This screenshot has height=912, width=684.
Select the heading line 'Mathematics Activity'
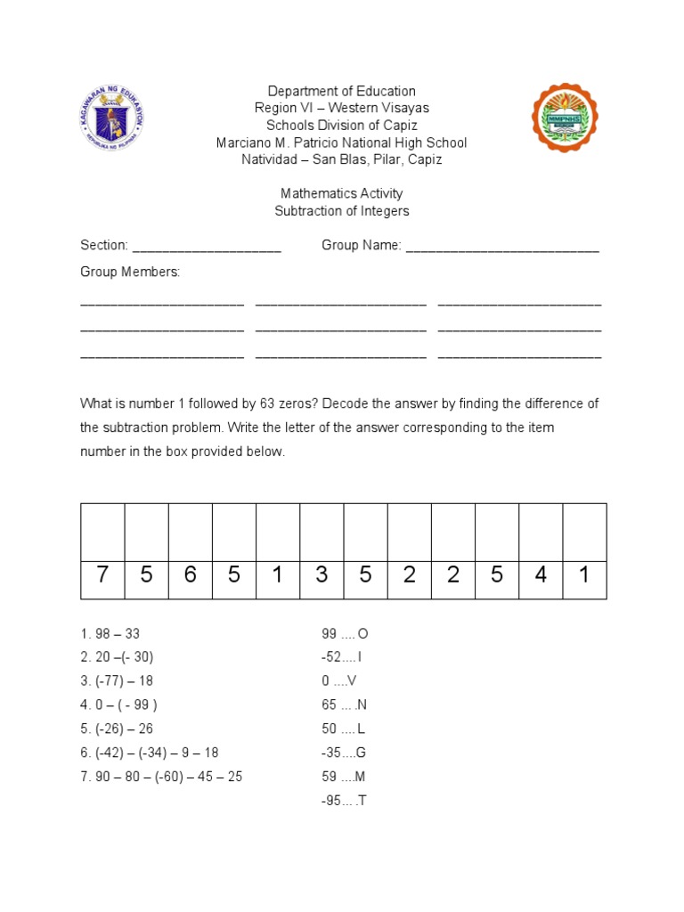coord(342,193)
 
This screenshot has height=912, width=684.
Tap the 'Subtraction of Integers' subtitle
coord(342,211)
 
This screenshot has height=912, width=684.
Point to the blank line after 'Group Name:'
coord(502,246)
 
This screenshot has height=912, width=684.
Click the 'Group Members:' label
coord(130,272)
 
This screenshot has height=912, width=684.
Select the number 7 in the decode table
coord(102,575)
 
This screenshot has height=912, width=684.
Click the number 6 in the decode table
coord(191,575)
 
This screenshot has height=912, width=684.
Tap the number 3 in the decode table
coord(322,575)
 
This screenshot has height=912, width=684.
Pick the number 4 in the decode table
coord(541,575)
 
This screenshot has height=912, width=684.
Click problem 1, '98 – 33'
coord(110,634)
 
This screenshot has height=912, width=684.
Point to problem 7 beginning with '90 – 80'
coord(161,777)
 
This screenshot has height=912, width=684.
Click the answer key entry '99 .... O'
coord(345,634)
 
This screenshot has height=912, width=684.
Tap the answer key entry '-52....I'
coord(342,657)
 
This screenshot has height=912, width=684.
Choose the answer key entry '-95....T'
coord(344,801)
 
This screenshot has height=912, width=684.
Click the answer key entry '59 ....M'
coord(345,777)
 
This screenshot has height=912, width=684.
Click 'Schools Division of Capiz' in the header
coord(342,126)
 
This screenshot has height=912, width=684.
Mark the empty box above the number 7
coord(102,532)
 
